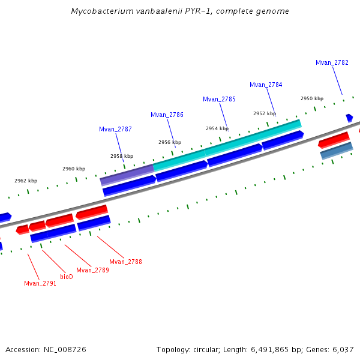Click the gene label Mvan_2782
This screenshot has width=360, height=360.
[332, 62]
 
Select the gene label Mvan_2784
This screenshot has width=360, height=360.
[266, 85]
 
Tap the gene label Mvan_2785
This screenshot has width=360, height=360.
[219, 99]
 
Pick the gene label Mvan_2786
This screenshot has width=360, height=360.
[167, 115]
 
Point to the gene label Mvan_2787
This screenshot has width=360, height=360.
[115, 129]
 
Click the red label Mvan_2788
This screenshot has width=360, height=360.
[125, 262]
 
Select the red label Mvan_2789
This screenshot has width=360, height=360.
[92, 270]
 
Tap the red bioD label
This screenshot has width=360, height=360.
[67, 277]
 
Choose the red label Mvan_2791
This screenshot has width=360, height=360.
[40, 283]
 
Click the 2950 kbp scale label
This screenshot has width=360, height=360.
[312, 98]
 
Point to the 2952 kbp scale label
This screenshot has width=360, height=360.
[265, 113]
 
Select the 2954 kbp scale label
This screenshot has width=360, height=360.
[217, 128]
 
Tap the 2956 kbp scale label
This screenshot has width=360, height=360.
[170, 142]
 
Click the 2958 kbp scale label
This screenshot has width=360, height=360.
[122, 156]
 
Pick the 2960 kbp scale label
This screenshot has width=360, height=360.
[74, 169]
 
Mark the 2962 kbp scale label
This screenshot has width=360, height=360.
[26, 181]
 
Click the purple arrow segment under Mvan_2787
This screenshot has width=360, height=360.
[127, 174]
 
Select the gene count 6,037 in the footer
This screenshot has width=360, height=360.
[341, 349]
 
